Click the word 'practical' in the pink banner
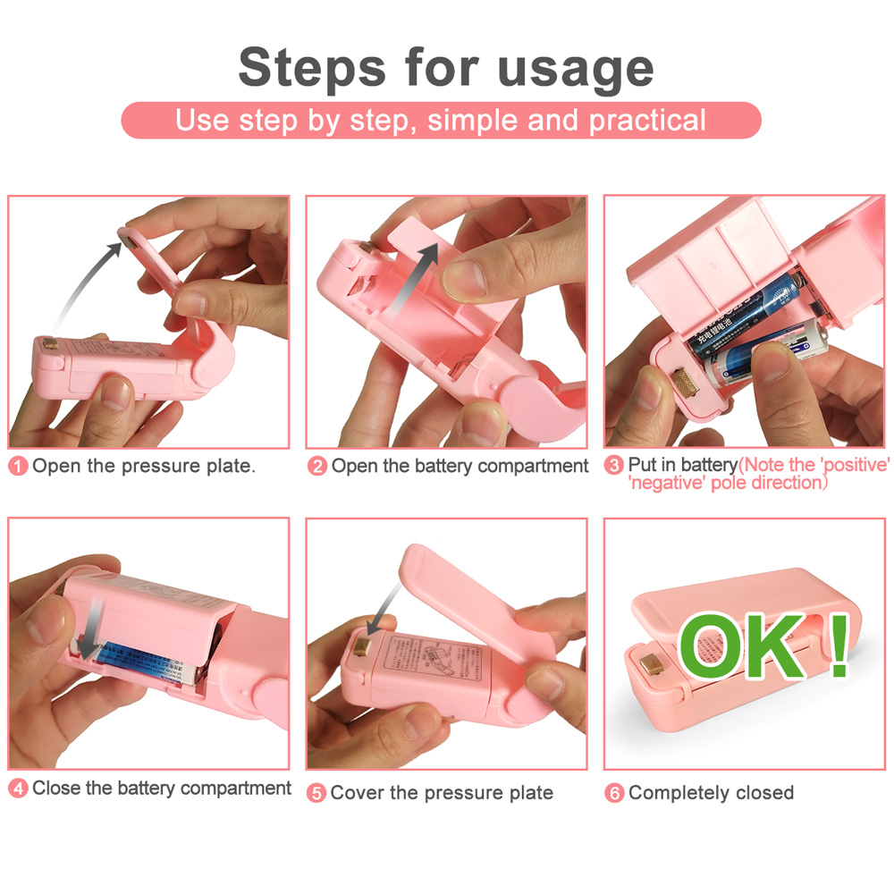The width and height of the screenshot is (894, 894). click(647, 120)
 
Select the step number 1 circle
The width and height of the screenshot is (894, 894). click(19, 466)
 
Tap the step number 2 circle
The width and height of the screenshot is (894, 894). click(317, 466)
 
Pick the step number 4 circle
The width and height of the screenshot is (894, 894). click(19, 789)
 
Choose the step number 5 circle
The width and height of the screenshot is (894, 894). click(316, 793)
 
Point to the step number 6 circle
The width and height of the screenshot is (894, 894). click(614, 793)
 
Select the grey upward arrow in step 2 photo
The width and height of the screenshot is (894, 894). click(415, 277)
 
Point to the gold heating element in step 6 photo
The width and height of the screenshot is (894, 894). click(652, 665)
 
